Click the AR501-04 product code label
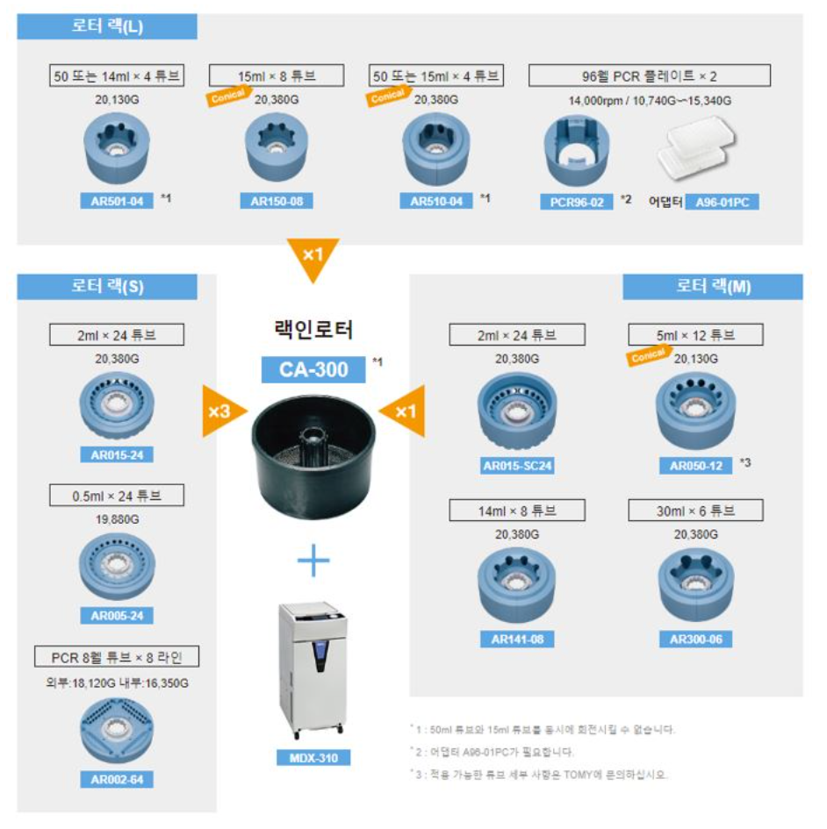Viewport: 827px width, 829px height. (117, 201)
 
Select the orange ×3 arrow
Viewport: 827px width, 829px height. (220, 410)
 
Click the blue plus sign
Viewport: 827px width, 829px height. (314, 561)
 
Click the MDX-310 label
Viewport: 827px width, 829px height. (314, 757)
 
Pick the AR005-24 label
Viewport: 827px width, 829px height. (117, 615)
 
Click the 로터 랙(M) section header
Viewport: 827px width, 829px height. (713, 287)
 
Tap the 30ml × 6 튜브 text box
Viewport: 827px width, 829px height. (696, 511)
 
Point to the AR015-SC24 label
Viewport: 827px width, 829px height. (517, 466)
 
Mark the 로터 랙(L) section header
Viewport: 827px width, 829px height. (107, 26)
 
